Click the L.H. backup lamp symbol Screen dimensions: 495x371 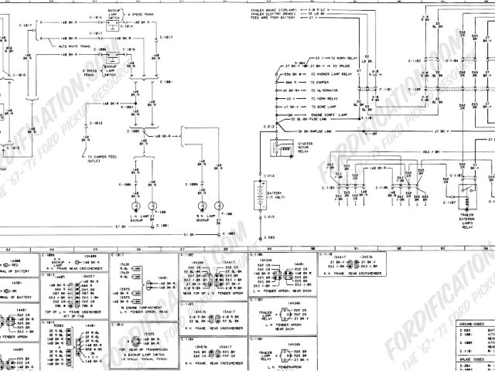(155, 206)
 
